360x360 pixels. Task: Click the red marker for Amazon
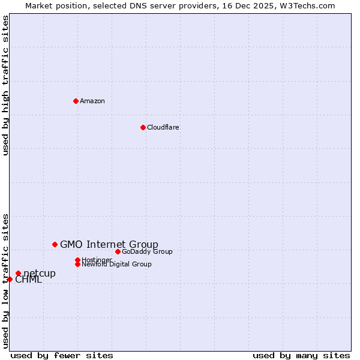coord(76,101)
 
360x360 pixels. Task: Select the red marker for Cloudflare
coord(143,127)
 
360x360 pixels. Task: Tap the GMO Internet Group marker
coord(55,244)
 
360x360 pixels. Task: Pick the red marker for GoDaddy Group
coord(118,251)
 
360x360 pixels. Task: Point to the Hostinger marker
coord(77,260)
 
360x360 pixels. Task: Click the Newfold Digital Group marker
coord(77,264)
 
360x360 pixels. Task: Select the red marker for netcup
coord(18,274)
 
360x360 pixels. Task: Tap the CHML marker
coord(10,279)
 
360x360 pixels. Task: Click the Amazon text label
coord(92,101)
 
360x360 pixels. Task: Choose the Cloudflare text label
coord(163,127)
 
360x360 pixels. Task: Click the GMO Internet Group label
coord(109,244)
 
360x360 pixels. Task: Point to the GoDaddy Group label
coord(147,251)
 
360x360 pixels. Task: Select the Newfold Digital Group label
coord(116,264)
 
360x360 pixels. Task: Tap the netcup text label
coord(40,274)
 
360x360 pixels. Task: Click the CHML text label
coord(28,280)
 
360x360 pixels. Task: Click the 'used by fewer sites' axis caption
coord(62,355)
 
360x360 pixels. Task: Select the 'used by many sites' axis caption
coord(301,355)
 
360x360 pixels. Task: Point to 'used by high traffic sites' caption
coord(5,86)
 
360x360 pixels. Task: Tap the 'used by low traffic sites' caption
coord(5,281)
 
